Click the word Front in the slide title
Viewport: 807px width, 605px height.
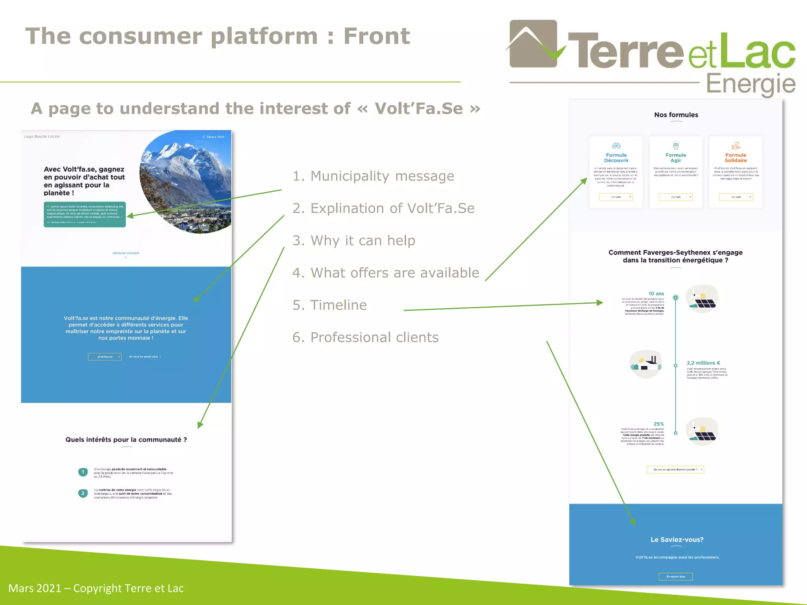pyautogui.click(x=376, y=36)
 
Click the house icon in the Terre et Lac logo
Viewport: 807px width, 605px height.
pyautogui.click(x=533, y=44)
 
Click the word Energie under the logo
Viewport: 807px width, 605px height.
pyautogui.click(x=750, y=84)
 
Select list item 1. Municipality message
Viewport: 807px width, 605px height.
pyautogui.click(x=373, y=176)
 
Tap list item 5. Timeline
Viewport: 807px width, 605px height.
pyautogui.click(x=329, y=305)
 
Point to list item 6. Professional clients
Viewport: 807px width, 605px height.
pyautogui.click(x=365, y=338)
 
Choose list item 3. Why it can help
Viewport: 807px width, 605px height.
pyautogui.click(x=353, y=241)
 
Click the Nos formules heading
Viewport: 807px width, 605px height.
pyautogui.click(x=676, y=115)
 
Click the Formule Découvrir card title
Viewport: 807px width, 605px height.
pyautogui.click(x=616, y=158)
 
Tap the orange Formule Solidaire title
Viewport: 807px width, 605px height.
pyautogui.click(x=735, y=158)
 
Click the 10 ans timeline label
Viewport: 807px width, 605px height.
pyautogui.click(x=656, y=294)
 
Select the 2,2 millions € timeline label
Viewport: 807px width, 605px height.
pyautogui.click(x=703, y=363)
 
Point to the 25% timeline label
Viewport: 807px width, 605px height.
pyautogui.click(x=658, y=424)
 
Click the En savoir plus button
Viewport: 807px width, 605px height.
pyautogui.click(x=675, y=577)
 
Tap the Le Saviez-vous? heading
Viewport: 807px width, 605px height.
pyautogui.click(x=677, y=540)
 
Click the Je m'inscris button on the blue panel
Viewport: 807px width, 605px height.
pyautogui.click(x=105, y=357)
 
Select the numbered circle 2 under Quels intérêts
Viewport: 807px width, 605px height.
pyautogui.click(x=83, y=493)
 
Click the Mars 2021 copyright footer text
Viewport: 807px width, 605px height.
pyautogui.click(x=96, y=588)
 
